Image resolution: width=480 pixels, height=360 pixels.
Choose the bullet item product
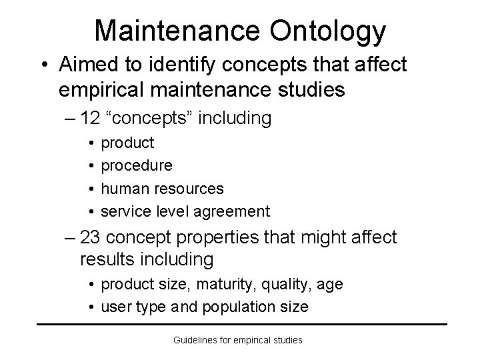127,143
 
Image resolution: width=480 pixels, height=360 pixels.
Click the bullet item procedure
137,165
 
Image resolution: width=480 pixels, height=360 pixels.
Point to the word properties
228,237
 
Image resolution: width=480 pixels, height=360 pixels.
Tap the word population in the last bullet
241,307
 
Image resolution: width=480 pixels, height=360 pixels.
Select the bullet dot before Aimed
44,65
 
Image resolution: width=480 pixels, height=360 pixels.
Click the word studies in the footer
287,340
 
